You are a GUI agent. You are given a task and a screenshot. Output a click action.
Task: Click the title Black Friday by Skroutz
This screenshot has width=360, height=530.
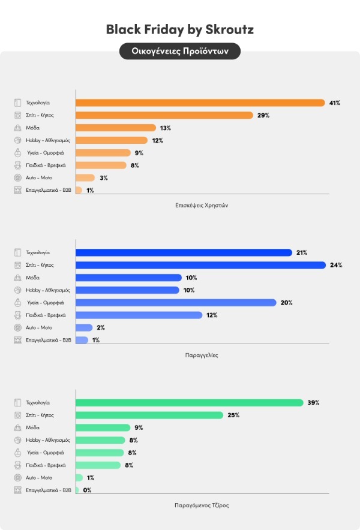180,29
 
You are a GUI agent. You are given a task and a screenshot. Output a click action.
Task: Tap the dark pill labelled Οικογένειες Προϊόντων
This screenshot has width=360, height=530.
180,51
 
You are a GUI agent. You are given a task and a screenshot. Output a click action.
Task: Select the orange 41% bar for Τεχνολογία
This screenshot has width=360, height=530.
200,103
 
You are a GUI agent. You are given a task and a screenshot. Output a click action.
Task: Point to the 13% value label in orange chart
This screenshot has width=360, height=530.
165,128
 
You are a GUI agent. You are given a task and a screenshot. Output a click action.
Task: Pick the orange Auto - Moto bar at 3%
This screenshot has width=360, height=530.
85,177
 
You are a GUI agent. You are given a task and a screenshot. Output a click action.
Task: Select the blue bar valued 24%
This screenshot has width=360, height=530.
200,265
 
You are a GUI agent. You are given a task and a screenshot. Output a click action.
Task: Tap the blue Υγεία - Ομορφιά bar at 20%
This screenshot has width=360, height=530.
176,302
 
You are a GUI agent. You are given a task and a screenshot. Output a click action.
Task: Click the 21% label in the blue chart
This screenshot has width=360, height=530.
301,252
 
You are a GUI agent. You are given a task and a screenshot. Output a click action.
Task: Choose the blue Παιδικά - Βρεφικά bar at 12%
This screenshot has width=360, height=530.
139,315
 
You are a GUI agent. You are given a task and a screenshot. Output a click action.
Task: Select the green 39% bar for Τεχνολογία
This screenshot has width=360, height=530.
190,402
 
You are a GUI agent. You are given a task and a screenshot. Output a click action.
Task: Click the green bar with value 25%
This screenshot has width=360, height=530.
149,415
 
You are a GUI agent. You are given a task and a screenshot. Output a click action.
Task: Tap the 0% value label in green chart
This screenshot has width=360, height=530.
87,490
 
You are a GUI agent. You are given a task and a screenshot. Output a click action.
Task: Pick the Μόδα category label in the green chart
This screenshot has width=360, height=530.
32,427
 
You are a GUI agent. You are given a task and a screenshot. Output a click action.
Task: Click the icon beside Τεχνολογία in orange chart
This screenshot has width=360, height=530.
17,103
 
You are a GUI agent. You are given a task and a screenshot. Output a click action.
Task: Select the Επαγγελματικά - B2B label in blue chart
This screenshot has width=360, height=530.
49,340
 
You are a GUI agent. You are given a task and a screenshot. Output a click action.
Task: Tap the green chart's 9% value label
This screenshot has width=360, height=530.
139,427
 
